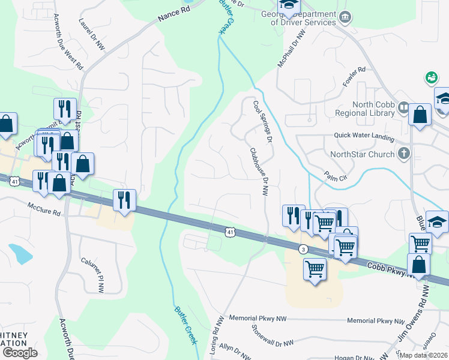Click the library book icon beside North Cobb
pyautogui.click(x=403, y=108)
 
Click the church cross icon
pyautogui.click(x=404, y=154)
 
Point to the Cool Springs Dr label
pyautogui.click(x=263, y=121)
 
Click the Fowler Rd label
pyautogui.click(x=354, y=77)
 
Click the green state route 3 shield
pyautogui.click(x=304, y=249)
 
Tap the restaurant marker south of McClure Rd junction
pyautogui.click(x=124, y=200)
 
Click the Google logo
pyautogui.click(x=20, y=352)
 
